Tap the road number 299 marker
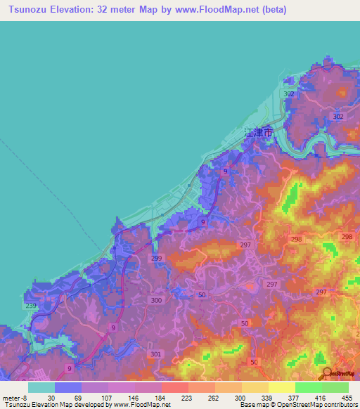[x=156, y=259]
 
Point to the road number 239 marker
[x=31, y=306]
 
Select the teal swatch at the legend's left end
[x=41, y=387]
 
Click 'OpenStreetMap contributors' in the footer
[x=317, y=405]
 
